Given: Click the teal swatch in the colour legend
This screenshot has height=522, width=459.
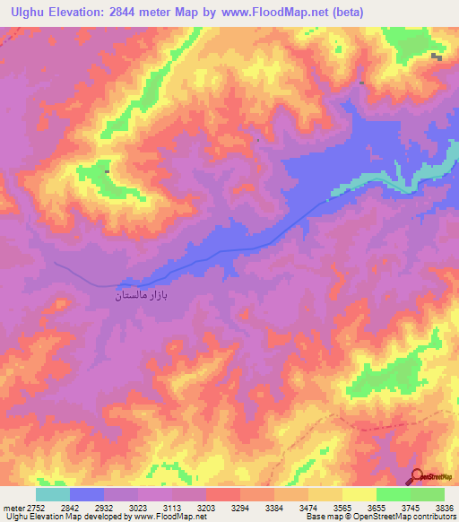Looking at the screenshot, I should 53,494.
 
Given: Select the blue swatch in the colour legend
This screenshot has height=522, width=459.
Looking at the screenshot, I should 87,494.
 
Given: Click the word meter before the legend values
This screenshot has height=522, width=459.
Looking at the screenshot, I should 12,508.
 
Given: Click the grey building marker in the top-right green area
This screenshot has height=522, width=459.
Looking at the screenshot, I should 437,57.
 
